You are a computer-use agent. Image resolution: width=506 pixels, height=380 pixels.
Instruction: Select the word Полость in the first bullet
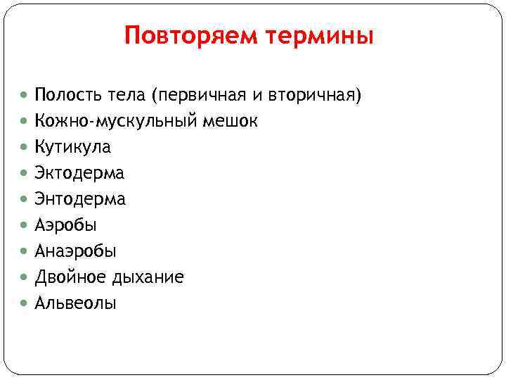point(63,95)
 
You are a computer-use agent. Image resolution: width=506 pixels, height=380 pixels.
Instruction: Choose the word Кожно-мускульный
point(117,122)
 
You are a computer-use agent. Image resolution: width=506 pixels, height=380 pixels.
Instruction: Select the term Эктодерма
point(79,173)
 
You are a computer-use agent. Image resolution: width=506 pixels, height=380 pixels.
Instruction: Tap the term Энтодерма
point(80,199)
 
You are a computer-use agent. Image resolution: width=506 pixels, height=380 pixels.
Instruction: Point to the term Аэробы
point(66,225)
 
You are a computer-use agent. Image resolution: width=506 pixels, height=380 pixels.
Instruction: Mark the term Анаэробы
point(76,251)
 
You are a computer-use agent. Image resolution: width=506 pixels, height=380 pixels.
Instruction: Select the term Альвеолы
point(76,303)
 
